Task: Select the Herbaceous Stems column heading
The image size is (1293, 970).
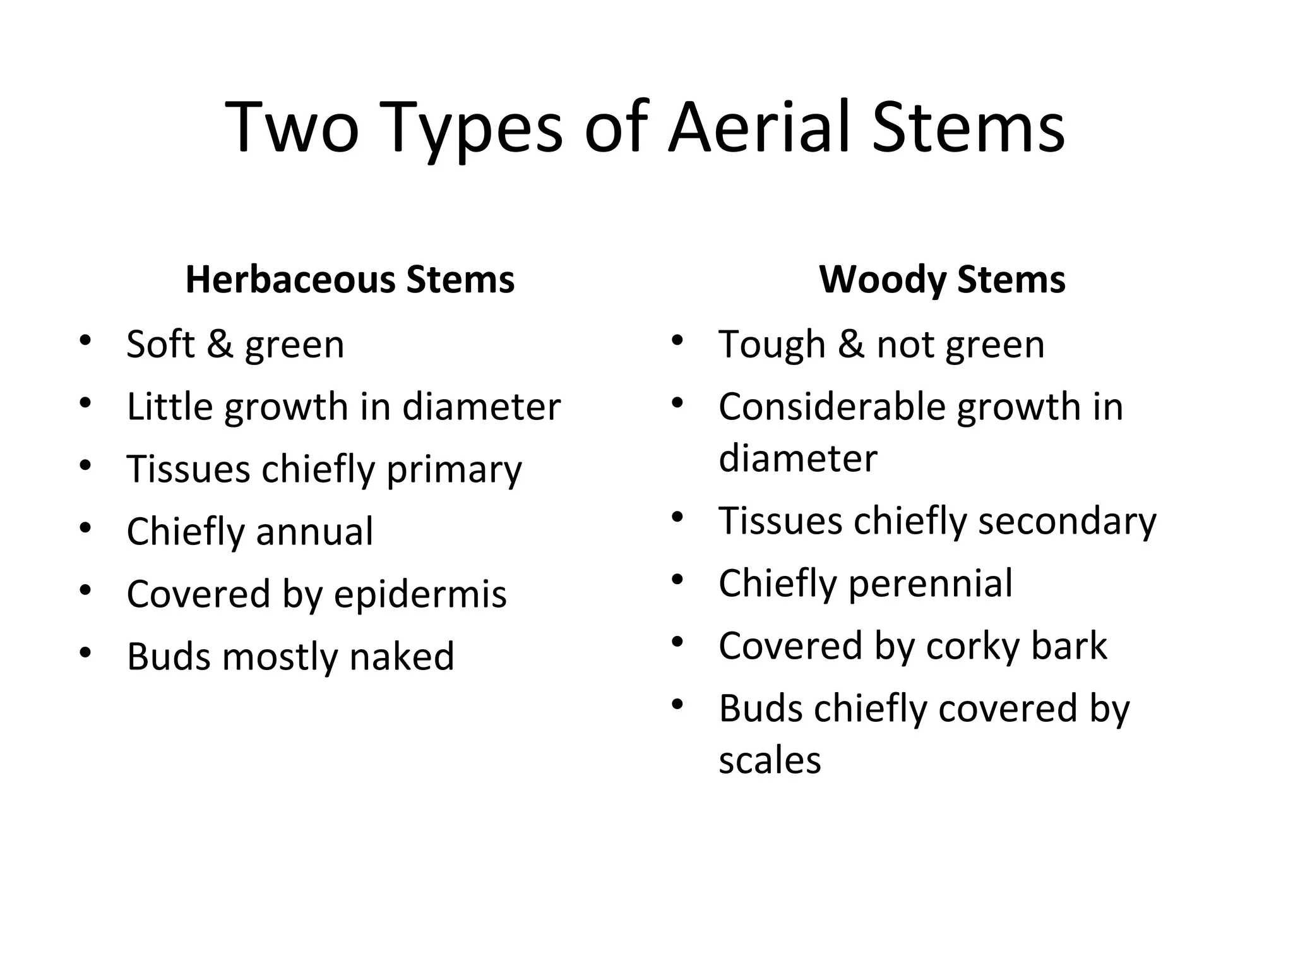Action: [350, 279]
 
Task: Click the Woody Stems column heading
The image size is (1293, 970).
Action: [942, 279]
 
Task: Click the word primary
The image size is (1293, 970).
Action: [454, 470]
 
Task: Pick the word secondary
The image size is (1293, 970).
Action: [1067, 522]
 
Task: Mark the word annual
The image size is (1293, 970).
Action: [314, 531]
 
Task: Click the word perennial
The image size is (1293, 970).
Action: [931, 583]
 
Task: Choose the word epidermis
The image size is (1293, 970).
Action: [420, 595]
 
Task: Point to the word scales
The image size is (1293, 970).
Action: [770, 760]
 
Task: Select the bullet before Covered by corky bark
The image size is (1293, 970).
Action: [677, 642]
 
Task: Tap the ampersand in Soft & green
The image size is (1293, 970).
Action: [220, 344]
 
